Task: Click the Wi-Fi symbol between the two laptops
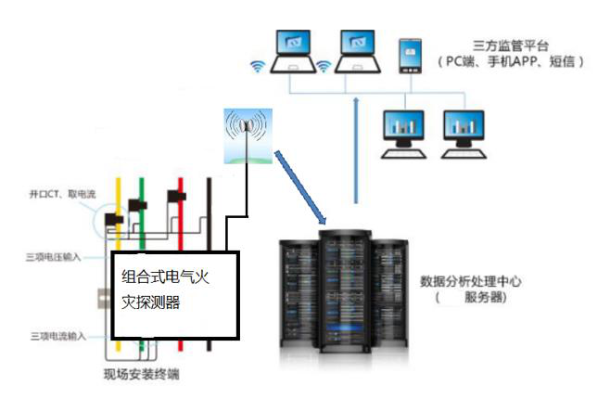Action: click(324, 67)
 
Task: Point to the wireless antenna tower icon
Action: click(246, 135)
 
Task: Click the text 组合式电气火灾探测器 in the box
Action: click(168, 290)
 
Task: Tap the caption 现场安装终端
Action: click(141, 376)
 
